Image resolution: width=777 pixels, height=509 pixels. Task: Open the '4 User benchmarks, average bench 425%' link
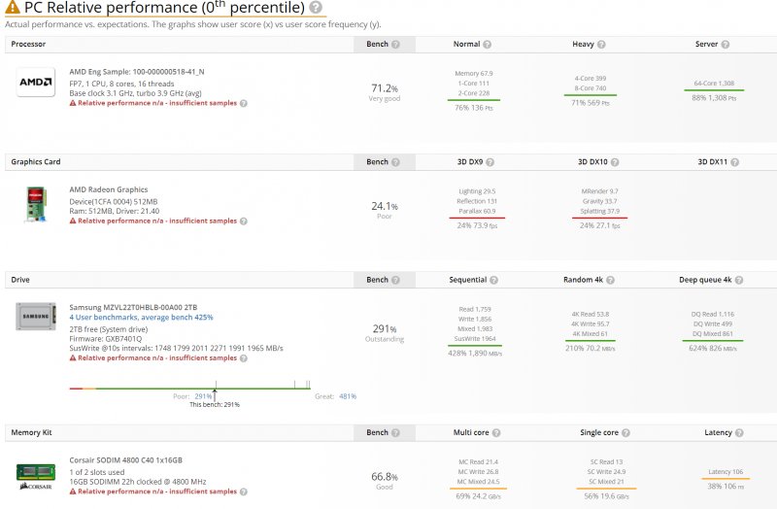pyautogui.click(x=142, y=317)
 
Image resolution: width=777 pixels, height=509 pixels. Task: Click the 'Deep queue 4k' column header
pyautogui.click(x=707, y=280)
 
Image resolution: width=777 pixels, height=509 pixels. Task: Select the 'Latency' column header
pyautogui.click(x=719, y=432)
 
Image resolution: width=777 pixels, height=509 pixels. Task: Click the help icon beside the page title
pyautogui.click(x=316, y=9)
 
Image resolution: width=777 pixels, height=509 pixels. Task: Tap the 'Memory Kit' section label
pyautogui.click(x=32, y=431)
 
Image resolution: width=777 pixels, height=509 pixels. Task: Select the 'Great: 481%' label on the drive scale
pyautogui.click(x=335, y=396)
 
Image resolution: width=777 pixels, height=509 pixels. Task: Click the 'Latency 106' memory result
pyautogui.click(x=726, y=472)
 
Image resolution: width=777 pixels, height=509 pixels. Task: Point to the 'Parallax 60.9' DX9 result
pyautogui.click(x=477, y=211)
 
